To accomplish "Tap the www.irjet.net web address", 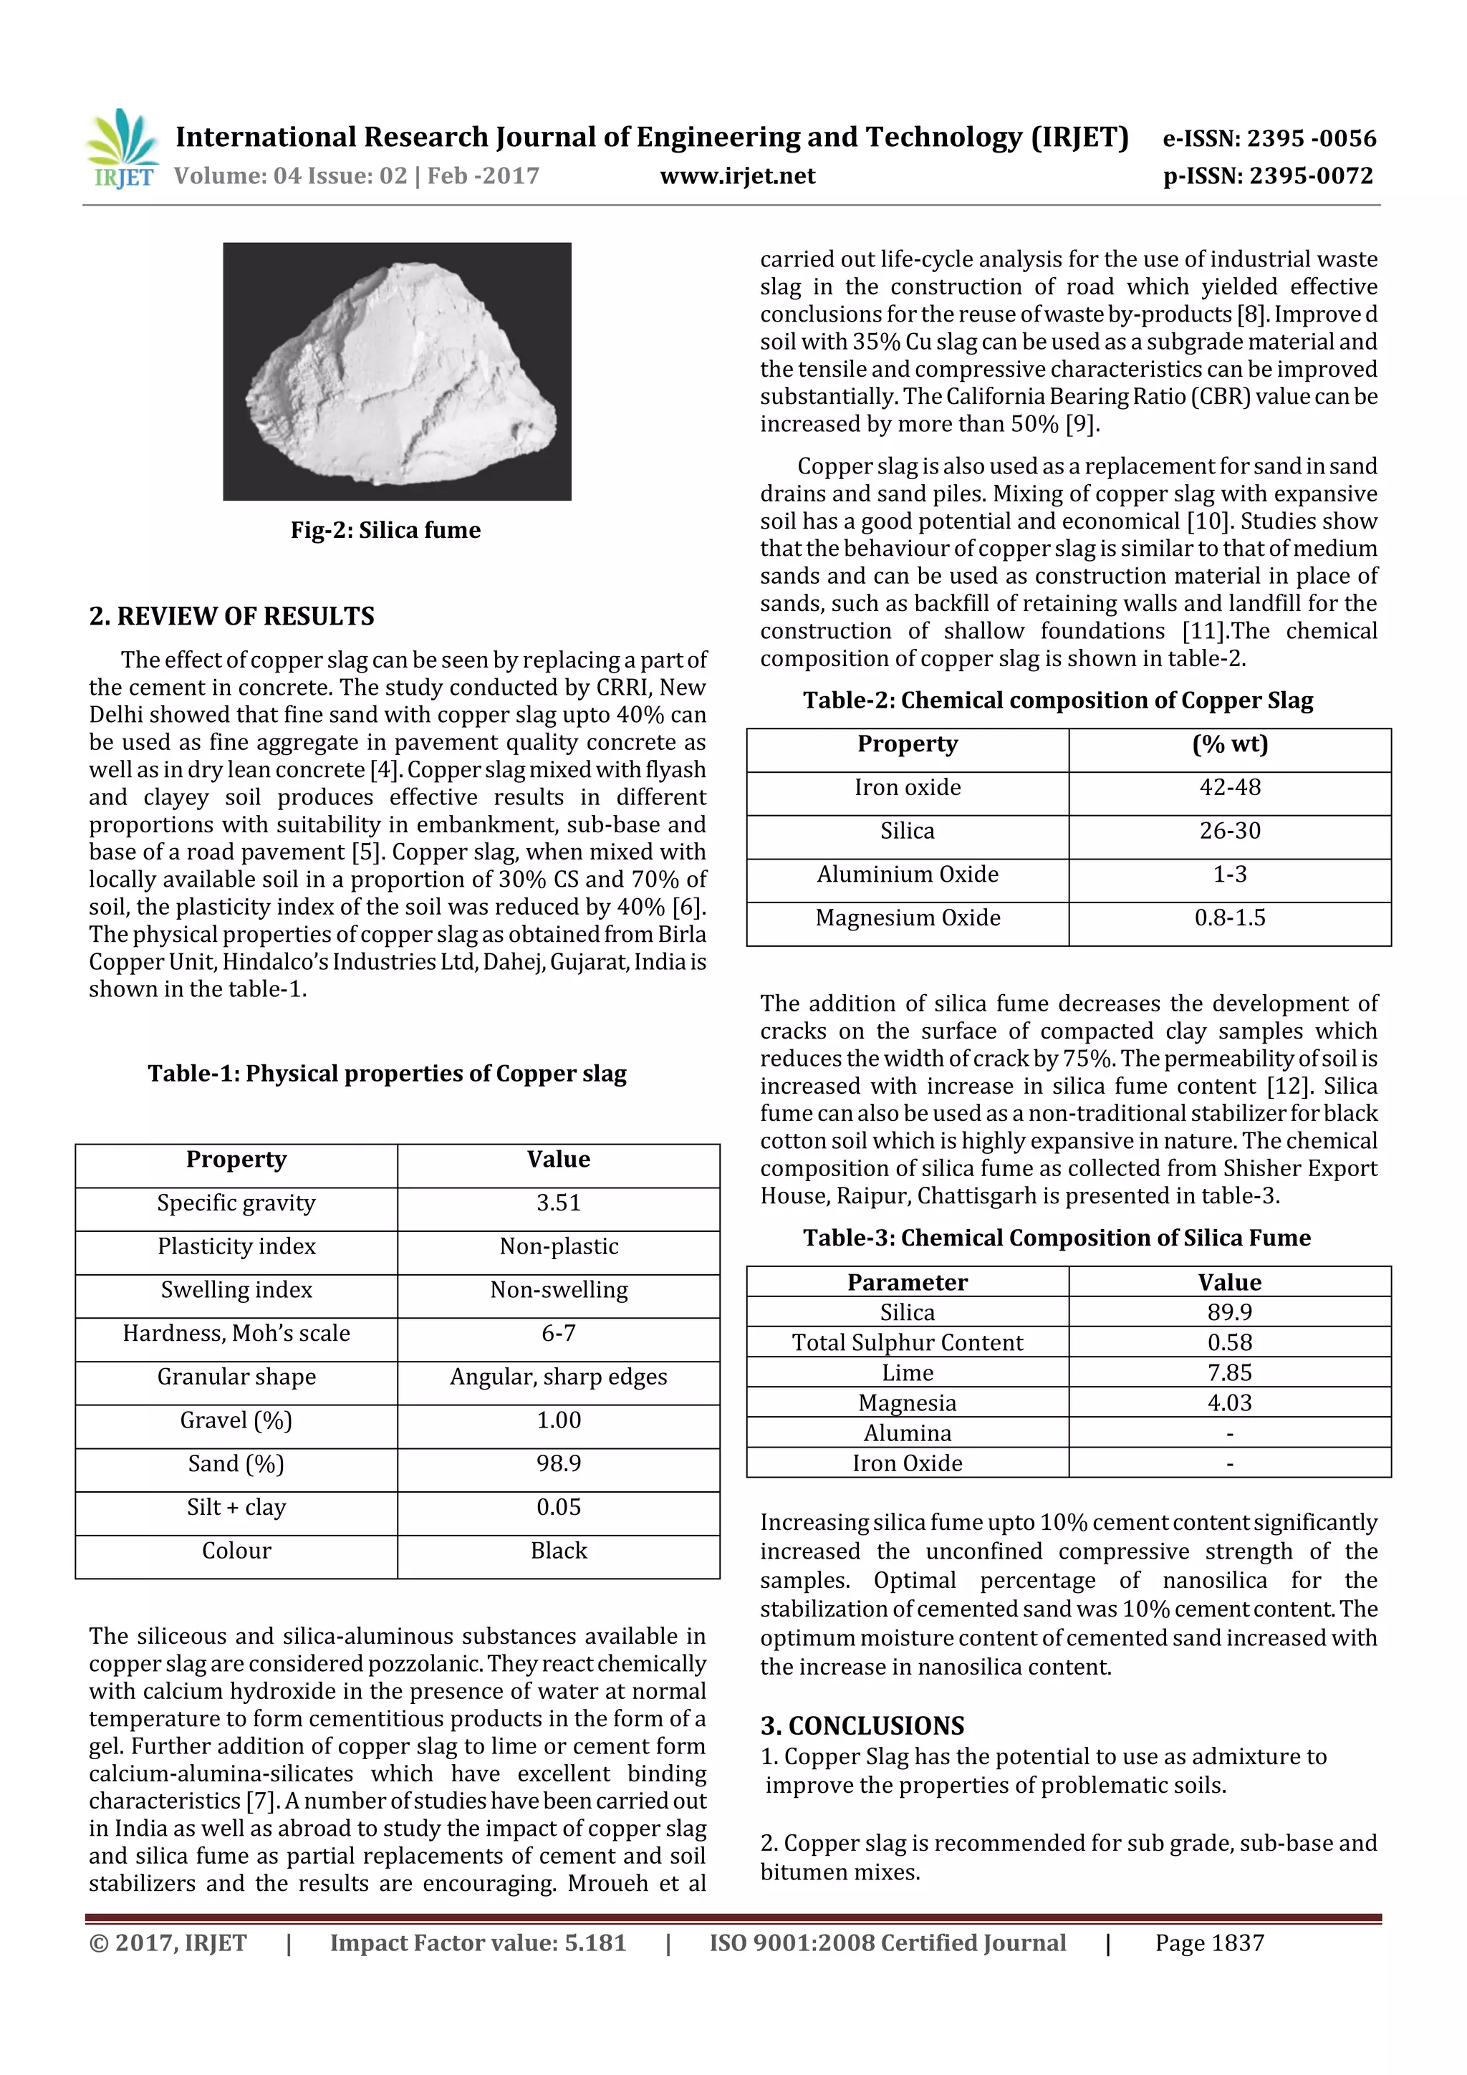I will (x=738, y=175).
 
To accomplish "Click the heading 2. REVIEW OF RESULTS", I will (x=231, y=617).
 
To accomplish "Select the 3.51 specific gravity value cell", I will (x=558, y=1203).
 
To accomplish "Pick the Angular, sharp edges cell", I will (x=558, y=1377).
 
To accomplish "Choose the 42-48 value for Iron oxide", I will (x=1229, y=787).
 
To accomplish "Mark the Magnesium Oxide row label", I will (x=908, y=918).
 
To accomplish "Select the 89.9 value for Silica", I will (x=1229, y=1311).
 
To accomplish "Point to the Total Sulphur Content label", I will (x=908, y=1342).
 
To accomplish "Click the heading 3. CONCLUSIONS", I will (x=862, y=1725).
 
